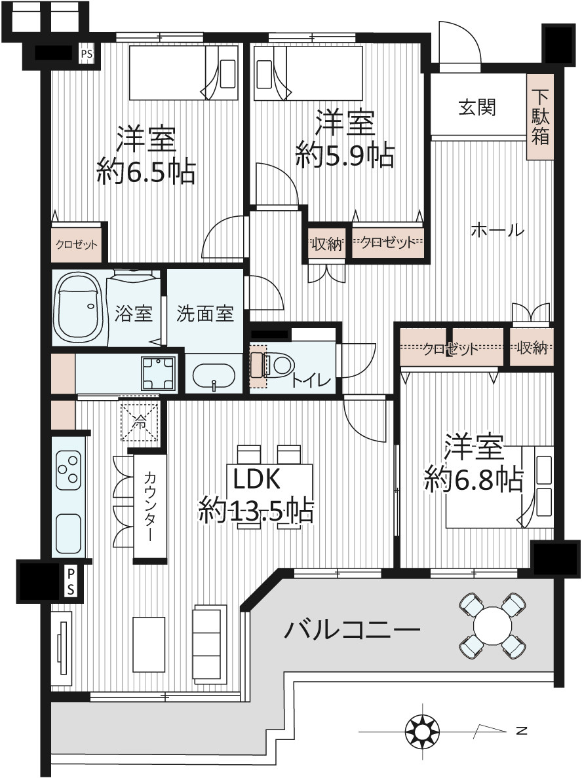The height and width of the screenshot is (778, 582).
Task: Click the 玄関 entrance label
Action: (x=476, y=107)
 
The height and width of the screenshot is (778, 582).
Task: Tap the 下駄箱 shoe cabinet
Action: (x=540, y=117)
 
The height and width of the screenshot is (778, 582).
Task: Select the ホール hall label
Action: (x=497, y=231)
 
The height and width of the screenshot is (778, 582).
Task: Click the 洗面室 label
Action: (x=204, y=314)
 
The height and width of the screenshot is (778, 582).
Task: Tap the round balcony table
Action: (x=492, y=625)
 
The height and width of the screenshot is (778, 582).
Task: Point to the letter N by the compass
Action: (x=522, y=731)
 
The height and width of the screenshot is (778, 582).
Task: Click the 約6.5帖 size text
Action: (x=146, y=172)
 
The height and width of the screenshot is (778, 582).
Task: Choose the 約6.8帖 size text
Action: (x=473, y=479)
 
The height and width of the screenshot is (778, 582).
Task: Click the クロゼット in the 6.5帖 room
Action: (x=77, y=245)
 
